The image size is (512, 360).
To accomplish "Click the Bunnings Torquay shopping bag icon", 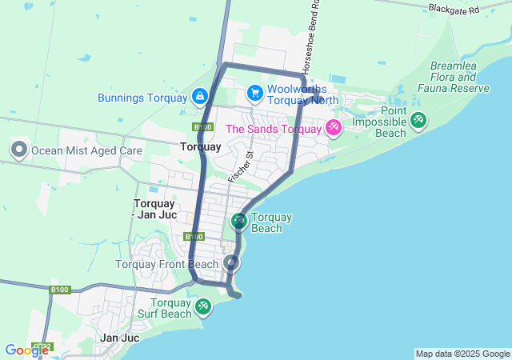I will pos(198,98).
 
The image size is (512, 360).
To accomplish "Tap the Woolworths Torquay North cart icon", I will pos(254,94).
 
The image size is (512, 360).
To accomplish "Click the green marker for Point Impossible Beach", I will pos(418,120).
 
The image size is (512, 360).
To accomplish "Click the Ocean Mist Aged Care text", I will pos(86,150).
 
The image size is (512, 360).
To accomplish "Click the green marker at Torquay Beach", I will pos(239,220).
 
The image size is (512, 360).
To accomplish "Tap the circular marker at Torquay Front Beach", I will pos(232,262).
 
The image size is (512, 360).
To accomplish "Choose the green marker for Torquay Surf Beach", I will pos(203,306).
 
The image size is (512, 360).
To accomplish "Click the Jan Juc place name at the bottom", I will pos(120,338).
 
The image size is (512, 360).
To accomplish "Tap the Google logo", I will pos(26,350).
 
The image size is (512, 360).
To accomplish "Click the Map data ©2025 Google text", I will pos(462,354).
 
